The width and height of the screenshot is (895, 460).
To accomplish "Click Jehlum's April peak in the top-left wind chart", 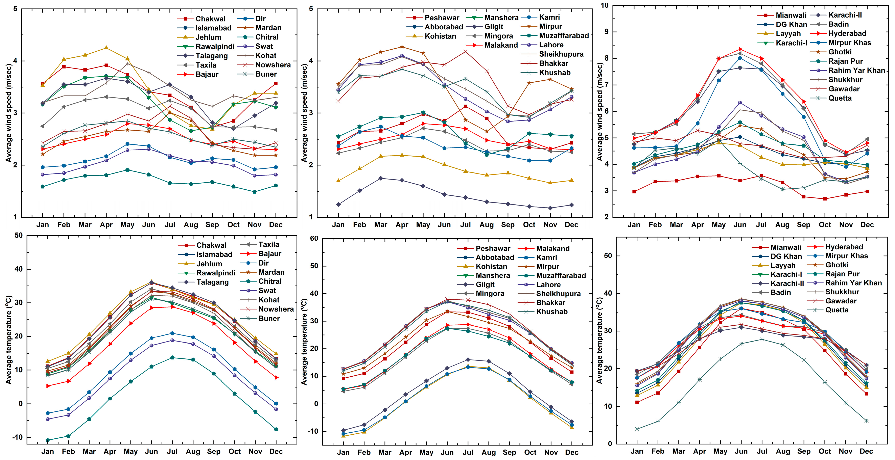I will click(x=106, y=48).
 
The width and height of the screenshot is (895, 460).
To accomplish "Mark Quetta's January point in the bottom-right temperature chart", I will click(x=637, y=429).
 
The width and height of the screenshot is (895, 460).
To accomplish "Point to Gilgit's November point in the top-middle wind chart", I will click(x=550, y=208).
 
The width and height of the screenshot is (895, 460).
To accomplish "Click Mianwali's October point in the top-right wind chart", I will click(x=825, y=199).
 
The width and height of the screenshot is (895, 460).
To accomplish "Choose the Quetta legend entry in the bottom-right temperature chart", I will click(x=837, y=310).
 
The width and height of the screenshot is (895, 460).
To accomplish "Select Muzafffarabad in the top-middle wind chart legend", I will click(x=564, y=35).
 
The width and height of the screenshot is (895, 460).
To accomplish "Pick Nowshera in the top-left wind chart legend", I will click(x=273, y=65).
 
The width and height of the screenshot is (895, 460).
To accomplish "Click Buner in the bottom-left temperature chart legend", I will click(x=269, y=318).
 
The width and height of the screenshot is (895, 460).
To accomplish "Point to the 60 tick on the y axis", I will click(x=314, y=239).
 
